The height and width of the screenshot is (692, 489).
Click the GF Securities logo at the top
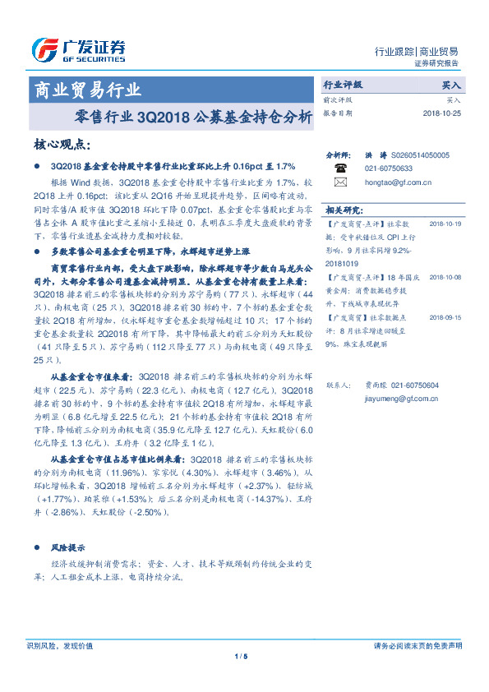point(78,50)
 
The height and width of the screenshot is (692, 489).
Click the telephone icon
point(340,166)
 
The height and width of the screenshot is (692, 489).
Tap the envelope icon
point(340,182)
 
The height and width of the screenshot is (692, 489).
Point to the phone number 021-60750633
point(390,168)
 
